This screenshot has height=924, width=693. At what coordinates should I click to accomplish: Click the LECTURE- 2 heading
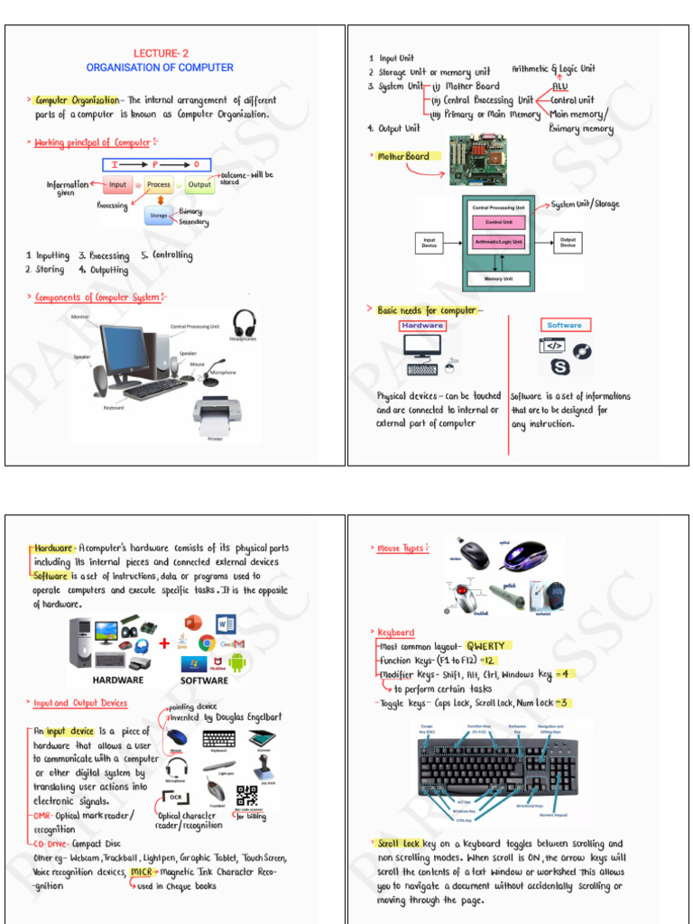tap(161, 53)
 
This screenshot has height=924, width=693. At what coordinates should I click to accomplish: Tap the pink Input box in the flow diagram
tap(116, 185)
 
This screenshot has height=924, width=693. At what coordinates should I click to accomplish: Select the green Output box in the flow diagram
tap(199, 185)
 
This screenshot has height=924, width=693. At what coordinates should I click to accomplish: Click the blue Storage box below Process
tap(158, 216)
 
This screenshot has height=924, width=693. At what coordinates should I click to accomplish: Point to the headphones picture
tap(244, 322)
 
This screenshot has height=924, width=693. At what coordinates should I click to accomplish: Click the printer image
tap(217, 416)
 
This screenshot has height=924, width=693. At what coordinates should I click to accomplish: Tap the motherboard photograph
tap(477, 160)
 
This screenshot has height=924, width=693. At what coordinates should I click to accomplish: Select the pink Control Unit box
tap(498, 221)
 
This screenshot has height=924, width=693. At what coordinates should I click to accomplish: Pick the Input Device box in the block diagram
tap(430, 242)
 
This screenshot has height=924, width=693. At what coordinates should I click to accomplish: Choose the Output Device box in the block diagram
tap(568, 242)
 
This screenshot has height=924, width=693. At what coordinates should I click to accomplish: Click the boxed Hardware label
tap(422, 326)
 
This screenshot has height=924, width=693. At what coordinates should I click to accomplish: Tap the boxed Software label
tap(564, 325)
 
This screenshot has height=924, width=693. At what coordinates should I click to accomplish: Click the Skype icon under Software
tap(561, 367)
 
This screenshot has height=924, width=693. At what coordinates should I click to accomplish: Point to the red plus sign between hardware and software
tap(164, 643)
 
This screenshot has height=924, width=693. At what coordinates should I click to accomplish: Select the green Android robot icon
tap(237, 662)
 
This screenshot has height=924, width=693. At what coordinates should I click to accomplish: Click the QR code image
tap(246, 795)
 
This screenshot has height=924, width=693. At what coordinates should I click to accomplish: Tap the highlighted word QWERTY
tap(486, 645)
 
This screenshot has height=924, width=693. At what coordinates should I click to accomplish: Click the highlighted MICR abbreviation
tap(141, 872)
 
